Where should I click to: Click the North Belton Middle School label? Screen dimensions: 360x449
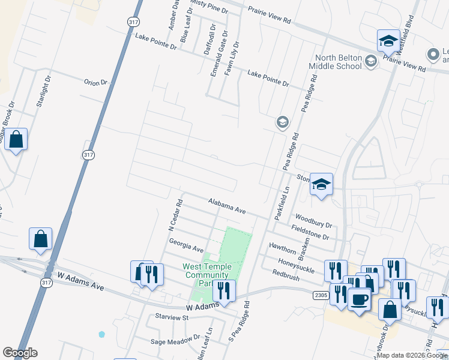(336, 62)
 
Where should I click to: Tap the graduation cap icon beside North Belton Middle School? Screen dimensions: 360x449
(371, 61)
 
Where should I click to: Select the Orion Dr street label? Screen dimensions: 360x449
(95, 82)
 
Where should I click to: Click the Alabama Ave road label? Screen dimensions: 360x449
(228, 207)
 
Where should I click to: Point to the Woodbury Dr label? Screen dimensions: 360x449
(313, 220)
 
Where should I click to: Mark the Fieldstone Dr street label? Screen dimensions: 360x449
(310, 233)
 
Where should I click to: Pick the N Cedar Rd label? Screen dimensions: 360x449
(175, 215)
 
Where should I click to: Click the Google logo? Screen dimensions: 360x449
(20, 353)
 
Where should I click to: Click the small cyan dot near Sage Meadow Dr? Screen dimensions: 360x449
(101, 334)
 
